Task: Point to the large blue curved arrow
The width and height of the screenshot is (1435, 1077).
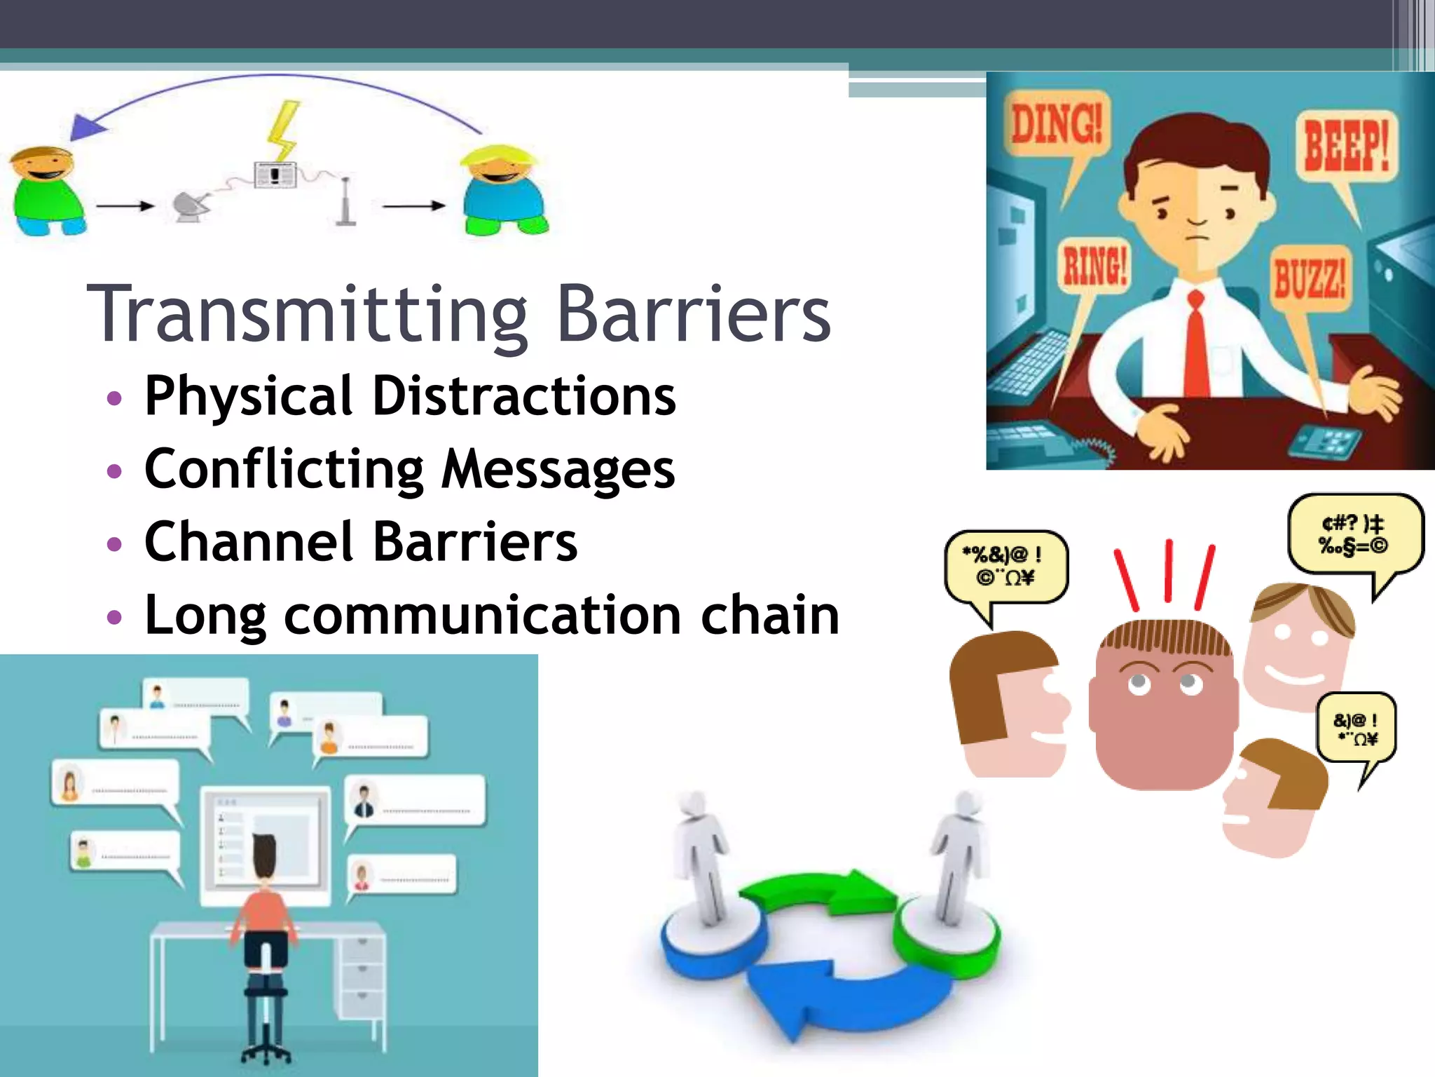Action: point(827,996)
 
